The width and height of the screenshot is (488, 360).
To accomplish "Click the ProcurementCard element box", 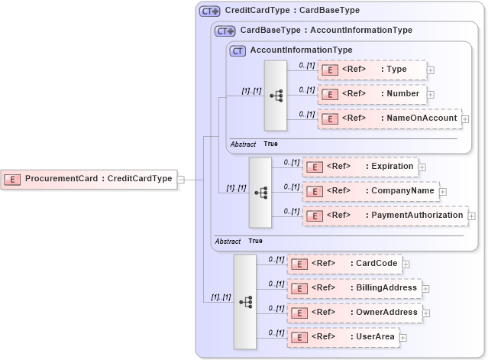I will pos(89,179).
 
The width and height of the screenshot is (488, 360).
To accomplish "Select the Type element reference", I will pos(372,70).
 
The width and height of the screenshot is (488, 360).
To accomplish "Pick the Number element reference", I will pos(372,94).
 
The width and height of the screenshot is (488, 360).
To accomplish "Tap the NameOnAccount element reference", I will pos(389,118).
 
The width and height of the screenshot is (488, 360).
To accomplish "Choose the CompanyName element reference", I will pos(370,191).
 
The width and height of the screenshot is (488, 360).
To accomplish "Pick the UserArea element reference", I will pos(343,337).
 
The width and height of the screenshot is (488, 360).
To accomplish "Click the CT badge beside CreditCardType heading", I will pos(209,11).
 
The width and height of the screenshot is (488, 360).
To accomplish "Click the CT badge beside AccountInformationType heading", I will pos(238,50).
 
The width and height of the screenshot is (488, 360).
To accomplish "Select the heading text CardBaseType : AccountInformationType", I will pos(326,31).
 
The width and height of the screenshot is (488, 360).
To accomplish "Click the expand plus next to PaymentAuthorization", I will pos(471,216).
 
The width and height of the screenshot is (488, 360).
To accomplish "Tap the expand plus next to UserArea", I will pos(403,338).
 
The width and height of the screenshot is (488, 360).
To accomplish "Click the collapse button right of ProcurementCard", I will pos(181,180).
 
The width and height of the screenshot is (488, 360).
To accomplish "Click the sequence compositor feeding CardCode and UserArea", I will pos(244,302).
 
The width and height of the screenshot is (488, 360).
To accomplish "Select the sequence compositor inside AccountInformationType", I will pos(276,96).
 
